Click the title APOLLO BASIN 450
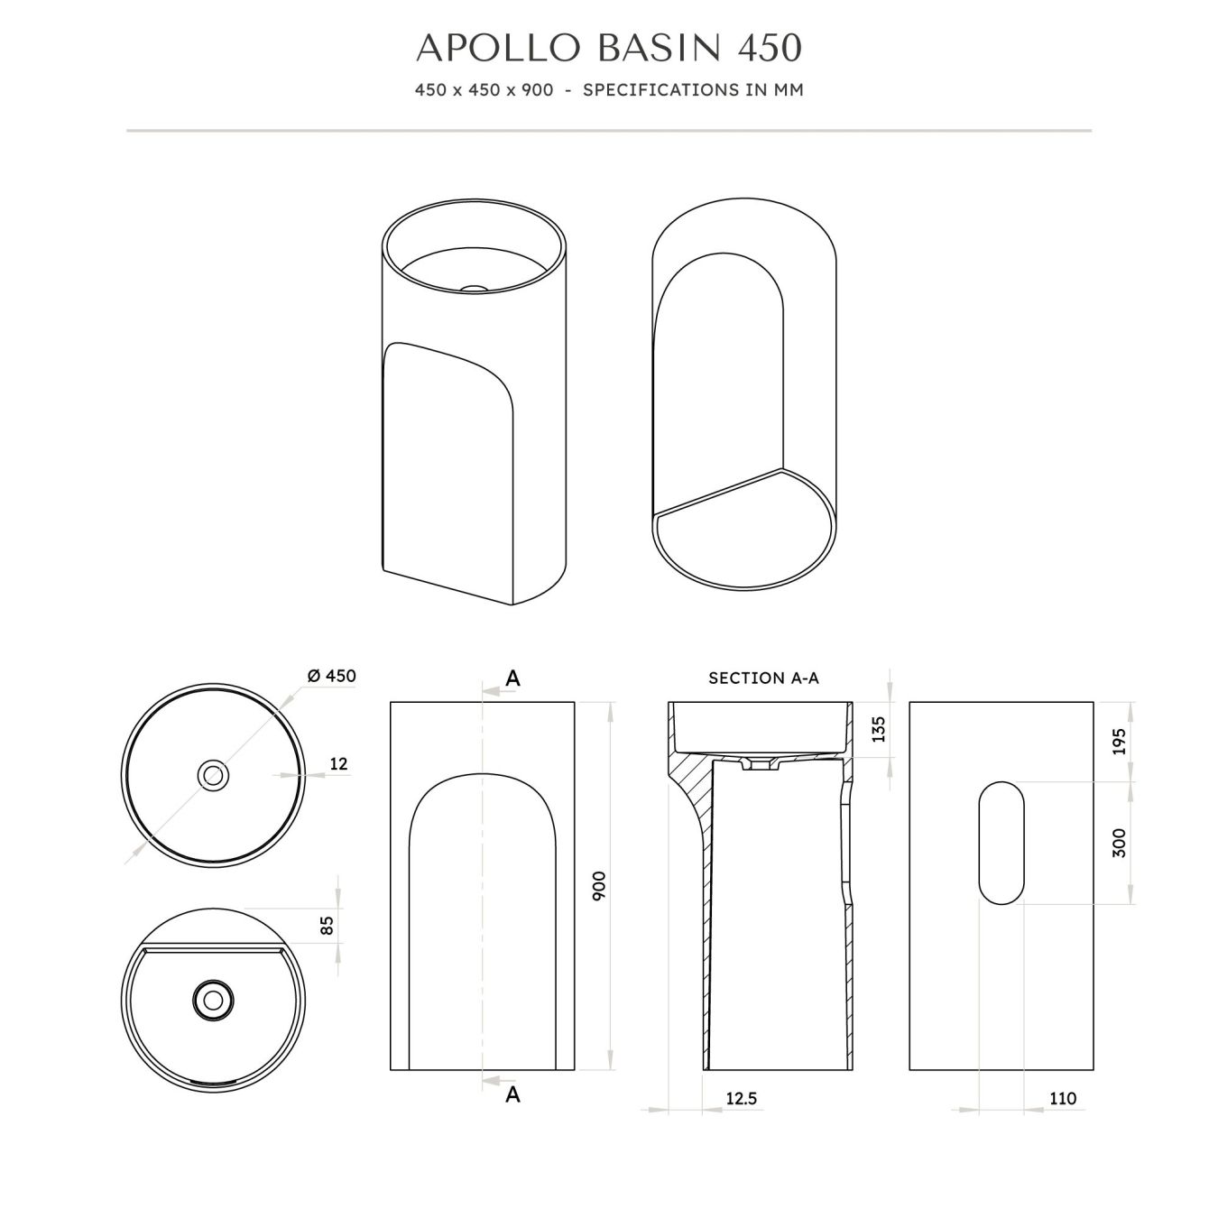[609, 48]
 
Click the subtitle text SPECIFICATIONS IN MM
[693, 90]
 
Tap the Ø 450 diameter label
[331, 676]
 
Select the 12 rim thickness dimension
[338, 764]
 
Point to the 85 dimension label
[328, 925]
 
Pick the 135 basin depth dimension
[879, 729]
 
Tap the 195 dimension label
[1120, 742]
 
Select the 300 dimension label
[1120, 843]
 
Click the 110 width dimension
[1063, 1099]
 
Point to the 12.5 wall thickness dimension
[741, 1099]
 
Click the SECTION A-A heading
[763, 678]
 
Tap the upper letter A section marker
[512, 678]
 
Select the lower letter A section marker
[512, 1094]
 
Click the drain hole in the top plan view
[214, 775]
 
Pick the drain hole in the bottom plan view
[214, 1000]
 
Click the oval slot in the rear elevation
[1001, 843]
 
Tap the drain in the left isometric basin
[473, 289]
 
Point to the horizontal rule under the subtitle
[609, 131]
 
